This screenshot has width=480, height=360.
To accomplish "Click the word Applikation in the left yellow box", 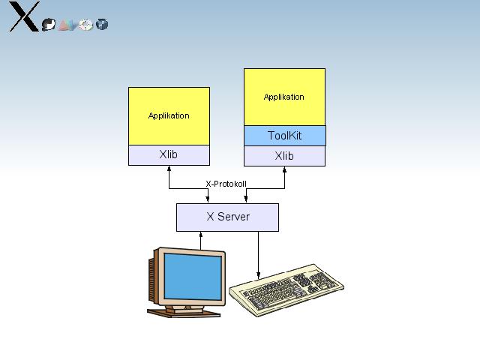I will pyautogui.click(x=169, y=115).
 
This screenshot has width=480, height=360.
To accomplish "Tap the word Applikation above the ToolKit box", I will pyautogui.click(x=284, y=97).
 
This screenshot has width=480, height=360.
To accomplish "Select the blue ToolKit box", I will pyautogui.click(x=284, y=136).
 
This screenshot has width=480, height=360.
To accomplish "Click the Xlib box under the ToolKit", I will pyautogui.click(x=284, y=156).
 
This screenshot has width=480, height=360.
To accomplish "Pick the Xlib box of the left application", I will pyautogui.click(x=169, y=154).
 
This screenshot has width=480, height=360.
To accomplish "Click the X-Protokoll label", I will pyautogui.click(x=226, y=184).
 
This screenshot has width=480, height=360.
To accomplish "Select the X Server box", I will pyautogui.click(x=227, y=217).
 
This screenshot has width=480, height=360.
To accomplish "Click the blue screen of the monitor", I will pyautogui.click(x=193, y=276).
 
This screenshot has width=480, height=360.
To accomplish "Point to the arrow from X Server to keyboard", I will pyautogui.click(x=259, y=255).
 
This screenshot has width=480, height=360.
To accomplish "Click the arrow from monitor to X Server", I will pyautogui.click(x=200, y=240).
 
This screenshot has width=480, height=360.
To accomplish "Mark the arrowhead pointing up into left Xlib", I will pyautogui.click(x=169, y=169).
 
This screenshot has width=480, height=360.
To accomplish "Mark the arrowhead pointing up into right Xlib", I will pyautogui.click(x=284, y=170).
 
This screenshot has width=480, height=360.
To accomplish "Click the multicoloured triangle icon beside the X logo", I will pyautogui.click(x=67, y=25).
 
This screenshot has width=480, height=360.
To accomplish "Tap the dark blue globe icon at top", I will pyautogui.click(x=103, y=25).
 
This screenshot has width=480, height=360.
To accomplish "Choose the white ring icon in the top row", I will pyautogui.click(x=85, y=25).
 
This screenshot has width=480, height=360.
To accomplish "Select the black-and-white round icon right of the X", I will pyautogui.click(x=49, y=24).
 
